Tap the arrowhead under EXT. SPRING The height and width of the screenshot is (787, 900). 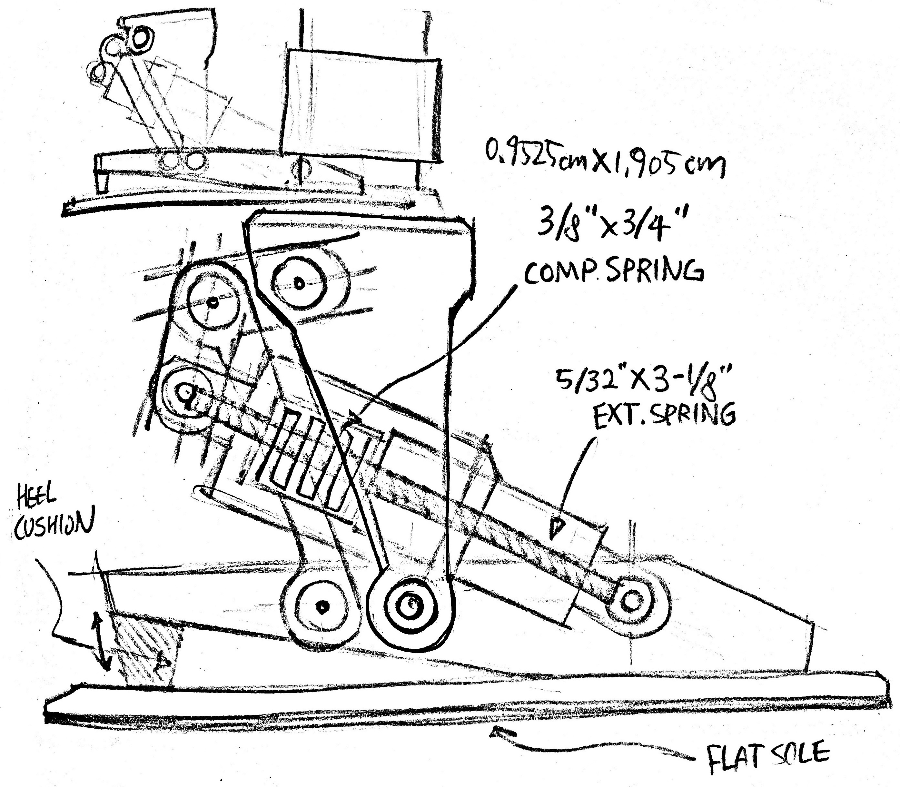pos(558,527)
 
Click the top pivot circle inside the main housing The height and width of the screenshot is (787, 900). pos(299,283)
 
